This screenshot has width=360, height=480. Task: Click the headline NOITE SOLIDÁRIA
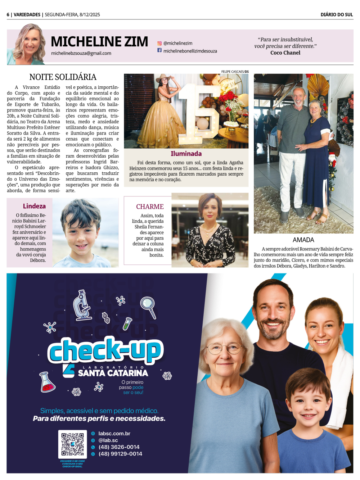[x=63, y=77]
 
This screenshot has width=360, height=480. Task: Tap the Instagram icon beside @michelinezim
[x=159, y=43]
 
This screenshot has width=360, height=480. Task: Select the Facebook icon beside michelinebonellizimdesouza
[x=159, y=50]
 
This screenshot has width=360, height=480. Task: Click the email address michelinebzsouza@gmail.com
[x=81, y=53]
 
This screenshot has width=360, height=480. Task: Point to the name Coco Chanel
[x=285, y=53]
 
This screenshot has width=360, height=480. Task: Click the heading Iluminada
[x=186, y=154]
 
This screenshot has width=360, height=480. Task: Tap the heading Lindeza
[x=34, y=206]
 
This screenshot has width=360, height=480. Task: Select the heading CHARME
[x=150, y=207]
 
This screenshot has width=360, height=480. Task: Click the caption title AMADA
[x=303, y=240]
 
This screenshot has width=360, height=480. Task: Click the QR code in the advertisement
[x=72, y=444]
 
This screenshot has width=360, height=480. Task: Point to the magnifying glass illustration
[x=148, y=306]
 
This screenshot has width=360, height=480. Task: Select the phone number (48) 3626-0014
[x=119, y=447]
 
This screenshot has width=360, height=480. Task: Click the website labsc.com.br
[x=114, y=434]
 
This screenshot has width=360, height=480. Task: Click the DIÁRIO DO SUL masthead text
[x=337, y=15]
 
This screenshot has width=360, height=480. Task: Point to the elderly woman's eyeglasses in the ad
[x=224, y=348]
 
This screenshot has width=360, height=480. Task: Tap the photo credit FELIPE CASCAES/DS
[x=235, y=72]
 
